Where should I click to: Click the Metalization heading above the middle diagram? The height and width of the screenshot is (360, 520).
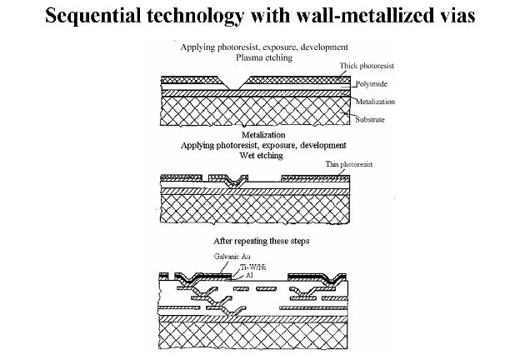[264, 133]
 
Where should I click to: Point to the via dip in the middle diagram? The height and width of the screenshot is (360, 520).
[241, 182]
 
